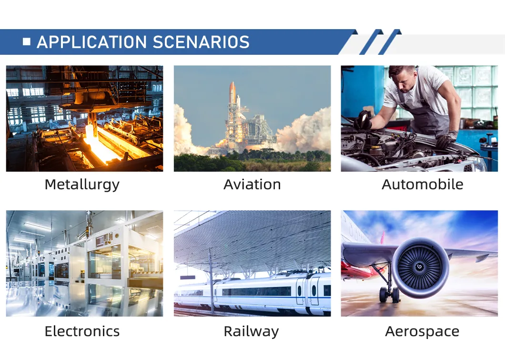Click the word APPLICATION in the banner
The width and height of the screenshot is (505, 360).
pos(92,42)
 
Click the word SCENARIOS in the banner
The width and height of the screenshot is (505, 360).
pos(201,42)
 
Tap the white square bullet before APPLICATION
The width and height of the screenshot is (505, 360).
pos(27,41)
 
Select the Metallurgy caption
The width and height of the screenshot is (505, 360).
pos(82,185)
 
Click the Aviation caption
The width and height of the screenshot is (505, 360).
pos(252,185)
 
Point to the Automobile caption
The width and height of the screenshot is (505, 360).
pos(423,185)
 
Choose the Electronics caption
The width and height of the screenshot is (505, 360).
pos(82,331)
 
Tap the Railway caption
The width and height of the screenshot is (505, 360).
pos(251,332)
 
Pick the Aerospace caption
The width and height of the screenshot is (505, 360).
pos(422,332)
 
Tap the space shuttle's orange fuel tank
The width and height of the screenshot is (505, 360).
pos(232,93)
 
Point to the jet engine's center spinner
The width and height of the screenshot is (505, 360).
pos(419,267)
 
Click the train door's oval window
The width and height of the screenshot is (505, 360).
pos(314,290)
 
